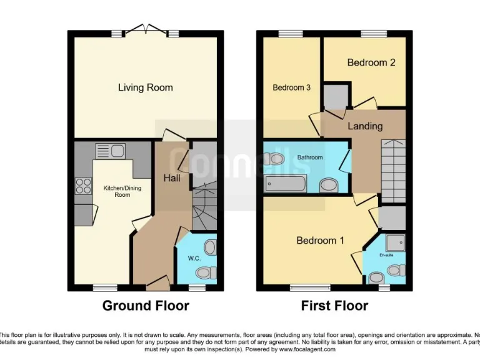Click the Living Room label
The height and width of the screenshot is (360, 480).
click(x=145, y=87)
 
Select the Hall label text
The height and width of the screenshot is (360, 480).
click(x=172, y=178)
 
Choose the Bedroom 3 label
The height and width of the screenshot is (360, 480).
click(x=291, y=87)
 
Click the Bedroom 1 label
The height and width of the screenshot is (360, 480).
click(x=320, y=241)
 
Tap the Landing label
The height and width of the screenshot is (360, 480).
click(x=365, y=126)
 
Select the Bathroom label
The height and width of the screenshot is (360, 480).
click(x=309, y=157)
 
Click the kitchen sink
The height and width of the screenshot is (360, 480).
click(x=111, y=151)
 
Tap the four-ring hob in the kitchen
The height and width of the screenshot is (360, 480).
click(x=82, y=187)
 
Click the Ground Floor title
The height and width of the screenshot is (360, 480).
click(x=145, y=306)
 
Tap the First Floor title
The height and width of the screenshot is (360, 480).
click(x=334, y=306)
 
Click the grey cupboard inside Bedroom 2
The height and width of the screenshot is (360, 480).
click(x=336, y=97)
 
